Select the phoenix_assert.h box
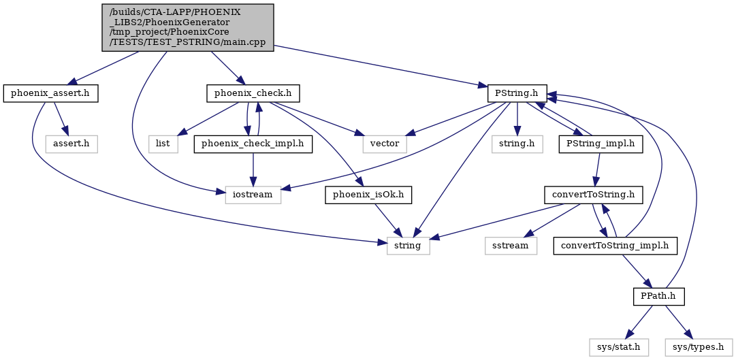(50, 94)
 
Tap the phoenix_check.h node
(253, 94)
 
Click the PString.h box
(517, 94)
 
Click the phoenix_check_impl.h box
(253, 144)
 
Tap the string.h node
(517, 144)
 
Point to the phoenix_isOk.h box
(368, 195)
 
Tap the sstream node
(511, 246)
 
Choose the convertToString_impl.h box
(615, 246)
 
